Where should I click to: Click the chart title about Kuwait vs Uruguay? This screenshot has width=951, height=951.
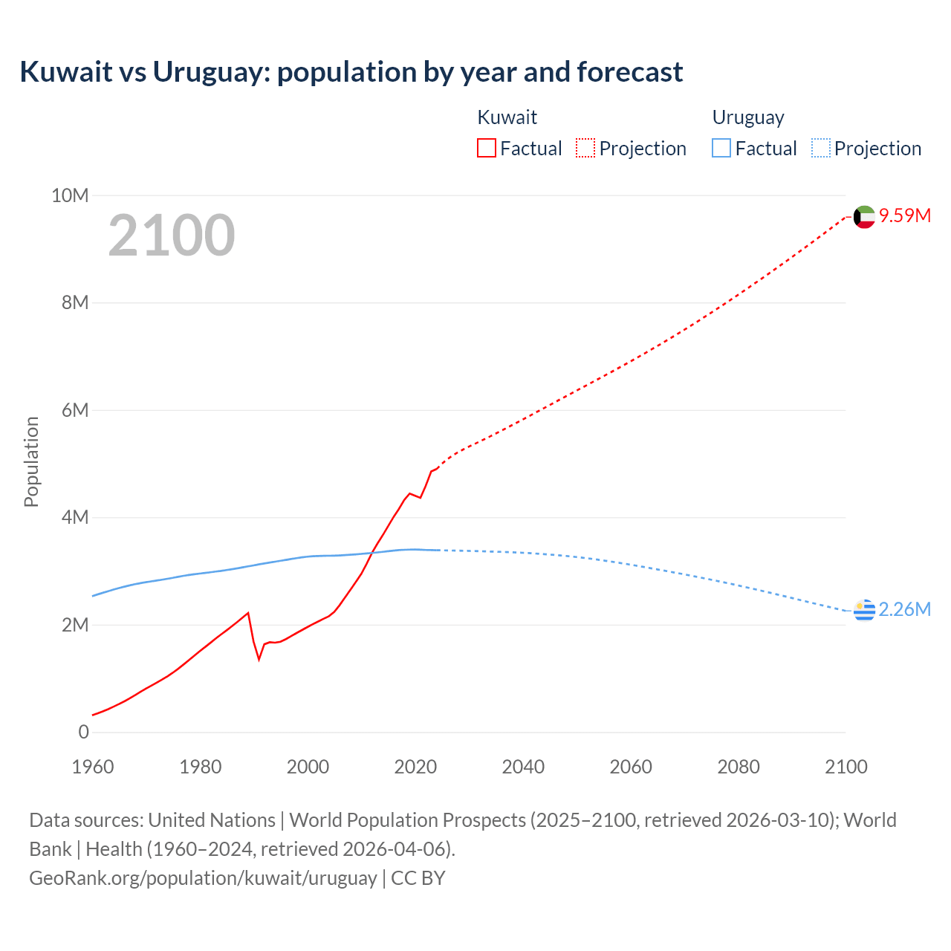(x=351, y=72)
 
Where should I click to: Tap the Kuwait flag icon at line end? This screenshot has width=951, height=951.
(x=864, y=217)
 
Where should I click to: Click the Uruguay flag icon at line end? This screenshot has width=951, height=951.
(x=864, y=610)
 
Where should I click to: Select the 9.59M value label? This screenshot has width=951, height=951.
(x=905, y=215)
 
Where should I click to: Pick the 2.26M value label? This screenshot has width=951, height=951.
(x=905, y=609)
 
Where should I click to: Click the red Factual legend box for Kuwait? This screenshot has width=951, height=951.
(x=487, y=148)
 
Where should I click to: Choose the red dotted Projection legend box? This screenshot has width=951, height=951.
(x=585, y=148)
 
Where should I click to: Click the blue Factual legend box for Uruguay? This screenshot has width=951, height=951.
(x=721, y=148)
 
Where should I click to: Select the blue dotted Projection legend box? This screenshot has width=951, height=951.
(x=821, y=148)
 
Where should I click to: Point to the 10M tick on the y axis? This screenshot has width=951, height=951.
(x=70, y=195)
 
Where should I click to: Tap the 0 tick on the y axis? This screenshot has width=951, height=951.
(x=83, y=732)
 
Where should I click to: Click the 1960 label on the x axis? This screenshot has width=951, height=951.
(x=93, y=767)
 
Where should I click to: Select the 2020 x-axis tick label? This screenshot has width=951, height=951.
(x=415, y=767)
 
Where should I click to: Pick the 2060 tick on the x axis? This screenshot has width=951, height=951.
(x=631, y=767)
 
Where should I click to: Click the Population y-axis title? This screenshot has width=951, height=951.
(x=31, y=461)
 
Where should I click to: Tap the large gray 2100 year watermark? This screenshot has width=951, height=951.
(x=172, y=236)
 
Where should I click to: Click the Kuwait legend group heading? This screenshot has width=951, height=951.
(x=507, y=117)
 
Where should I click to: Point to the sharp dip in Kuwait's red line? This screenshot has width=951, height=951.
(x=259, y=658)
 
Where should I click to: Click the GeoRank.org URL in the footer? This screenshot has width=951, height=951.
(x=203, y=877)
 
